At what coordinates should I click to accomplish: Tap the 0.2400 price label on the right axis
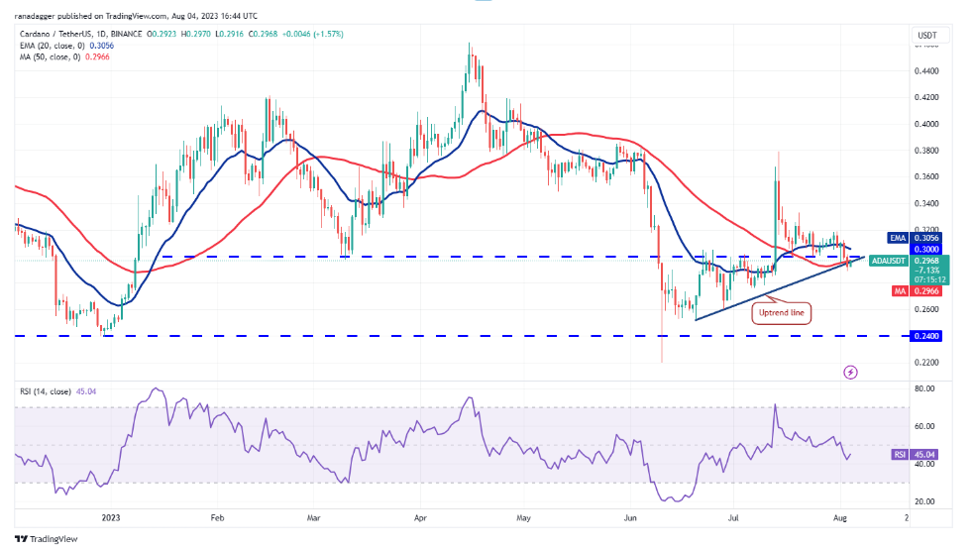tap(927, 336)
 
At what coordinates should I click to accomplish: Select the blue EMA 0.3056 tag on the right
tap(926, 239)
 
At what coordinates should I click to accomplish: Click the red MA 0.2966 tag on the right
tap(926, 290)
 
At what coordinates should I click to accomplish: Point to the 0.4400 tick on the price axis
tap(927, 71)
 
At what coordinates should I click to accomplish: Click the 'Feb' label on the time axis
tap(217, 517)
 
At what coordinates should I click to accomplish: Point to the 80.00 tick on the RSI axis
tap(927, 389)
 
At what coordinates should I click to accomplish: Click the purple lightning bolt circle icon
tap(850, 372)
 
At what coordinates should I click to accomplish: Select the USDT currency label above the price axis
tap(927, 35)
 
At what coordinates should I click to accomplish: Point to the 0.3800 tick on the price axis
tap(927, 151)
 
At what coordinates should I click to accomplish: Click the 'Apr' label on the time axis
tap(419, 517)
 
